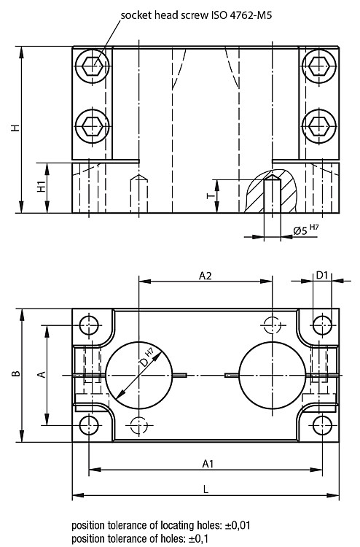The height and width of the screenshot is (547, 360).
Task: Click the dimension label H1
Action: click(x=42, y=187)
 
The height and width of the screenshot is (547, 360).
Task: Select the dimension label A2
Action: click(x=206, y=276)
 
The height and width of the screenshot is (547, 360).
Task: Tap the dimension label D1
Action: click(x=322, y=275)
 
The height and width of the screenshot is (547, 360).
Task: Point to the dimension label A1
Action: click(x=208, y=464)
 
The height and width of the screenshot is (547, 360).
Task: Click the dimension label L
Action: click(x=206, y=489)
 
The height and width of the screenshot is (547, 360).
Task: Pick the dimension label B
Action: click(x=15, y=374)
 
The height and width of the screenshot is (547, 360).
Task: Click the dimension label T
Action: click(x=211, y=196)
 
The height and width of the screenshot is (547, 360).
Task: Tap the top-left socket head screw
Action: click(x=93, y=65)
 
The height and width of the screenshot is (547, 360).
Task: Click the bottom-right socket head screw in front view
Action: click(x=319, y=126)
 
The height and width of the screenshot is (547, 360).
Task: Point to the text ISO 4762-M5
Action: click(x=240, y=15)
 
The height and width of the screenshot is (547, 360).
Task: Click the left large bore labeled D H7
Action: click(x=139, y=375)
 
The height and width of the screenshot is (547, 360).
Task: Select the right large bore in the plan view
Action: click(x=272, y=375)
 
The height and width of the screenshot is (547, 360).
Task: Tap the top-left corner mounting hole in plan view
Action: click(x=89, y=325)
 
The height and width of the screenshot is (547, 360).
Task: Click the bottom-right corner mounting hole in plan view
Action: click(x=322, y=425)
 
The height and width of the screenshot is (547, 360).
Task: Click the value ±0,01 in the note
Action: click(x=237, y=525)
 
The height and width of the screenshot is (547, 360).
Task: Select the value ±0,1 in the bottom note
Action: click(x=198, y=538)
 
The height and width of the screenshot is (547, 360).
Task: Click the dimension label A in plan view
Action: click(x=42, y=374)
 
